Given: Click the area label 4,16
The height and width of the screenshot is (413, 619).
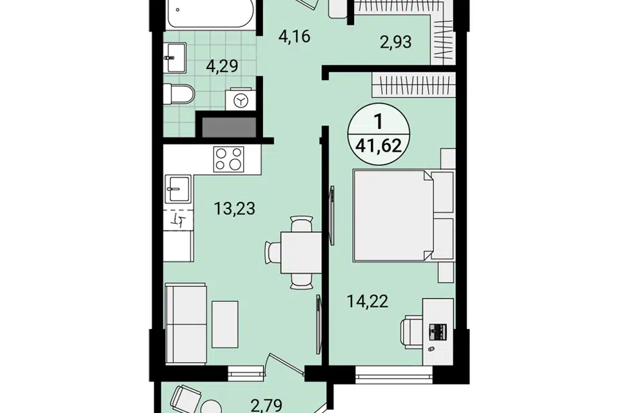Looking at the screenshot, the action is coord(294,36).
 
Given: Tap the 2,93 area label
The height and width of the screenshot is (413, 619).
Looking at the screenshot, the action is coord(395,41).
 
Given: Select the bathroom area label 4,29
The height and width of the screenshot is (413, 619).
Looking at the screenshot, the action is coord(222,66).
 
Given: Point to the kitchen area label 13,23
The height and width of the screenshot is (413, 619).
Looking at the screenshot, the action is coord(235,208).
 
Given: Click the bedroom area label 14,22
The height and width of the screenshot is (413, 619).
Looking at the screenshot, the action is coord(368,301).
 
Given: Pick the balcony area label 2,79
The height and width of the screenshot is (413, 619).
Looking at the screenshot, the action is coord(267,405).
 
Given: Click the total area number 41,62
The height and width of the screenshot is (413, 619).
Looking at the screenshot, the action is coord(378,146).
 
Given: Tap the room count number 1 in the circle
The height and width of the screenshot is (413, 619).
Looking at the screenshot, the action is coord(378,122).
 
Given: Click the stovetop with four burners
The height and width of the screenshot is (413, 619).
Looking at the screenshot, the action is coord(228,159).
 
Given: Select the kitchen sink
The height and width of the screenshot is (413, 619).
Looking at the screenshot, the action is coord(178,188).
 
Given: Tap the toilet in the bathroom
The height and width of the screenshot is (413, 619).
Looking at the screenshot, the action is coord(179,94).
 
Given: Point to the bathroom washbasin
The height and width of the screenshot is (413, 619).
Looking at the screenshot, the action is coord(175,57).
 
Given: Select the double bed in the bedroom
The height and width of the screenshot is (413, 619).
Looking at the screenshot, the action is coord(393,216).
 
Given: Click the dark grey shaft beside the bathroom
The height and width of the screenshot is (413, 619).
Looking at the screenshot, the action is coord(229,127).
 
